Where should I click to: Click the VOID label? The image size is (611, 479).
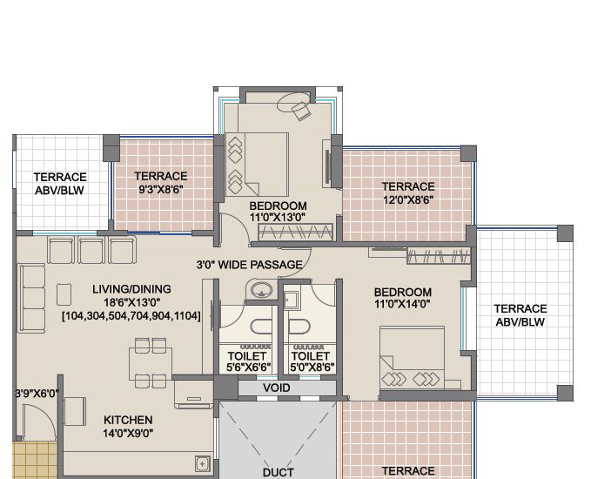click(277, 388)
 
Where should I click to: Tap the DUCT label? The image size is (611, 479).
click(278, 473)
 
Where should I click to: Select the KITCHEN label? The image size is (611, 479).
click(128, 420)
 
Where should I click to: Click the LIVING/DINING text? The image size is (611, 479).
click(131, 289)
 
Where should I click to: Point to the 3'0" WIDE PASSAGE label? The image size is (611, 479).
click(250, 265)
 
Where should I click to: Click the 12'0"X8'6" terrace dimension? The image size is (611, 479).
click(408, 200)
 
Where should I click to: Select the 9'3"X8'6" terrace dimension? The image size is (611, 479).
click(161, 190)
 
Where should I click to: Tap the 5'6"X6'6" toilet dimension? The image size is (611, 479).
click(249, 368)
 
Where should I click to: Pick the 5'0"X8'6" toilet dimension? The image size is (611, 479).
click(312, 368)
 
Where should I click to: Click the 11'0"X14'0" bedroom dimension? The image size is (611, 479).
click(402, 304)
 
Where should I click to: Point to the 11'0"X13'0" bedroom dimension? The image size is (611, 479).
click(278, 217)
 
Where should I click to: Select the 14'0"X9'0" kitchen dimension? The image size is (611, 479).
click(128, 433)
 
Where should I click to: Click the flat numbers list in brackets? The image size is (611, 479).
click(131, 315)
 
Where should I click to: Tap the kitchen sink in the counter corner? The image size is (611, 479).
click(203, 464)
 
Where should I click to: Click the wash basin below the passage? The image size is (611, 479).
click(261, 290)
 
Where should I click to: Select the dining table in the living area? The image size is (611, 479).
click(151, 363)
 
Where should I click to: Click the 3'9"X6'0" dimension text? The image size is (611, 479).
click(37, 394)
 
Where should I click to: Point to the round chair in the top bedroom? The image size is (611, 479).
click(293, 103)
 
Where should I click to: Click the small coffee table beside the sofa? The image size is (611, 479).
click(64, 294)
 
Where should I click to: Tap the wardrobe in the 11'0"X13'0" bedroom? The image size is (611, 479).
click(296, 233)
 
